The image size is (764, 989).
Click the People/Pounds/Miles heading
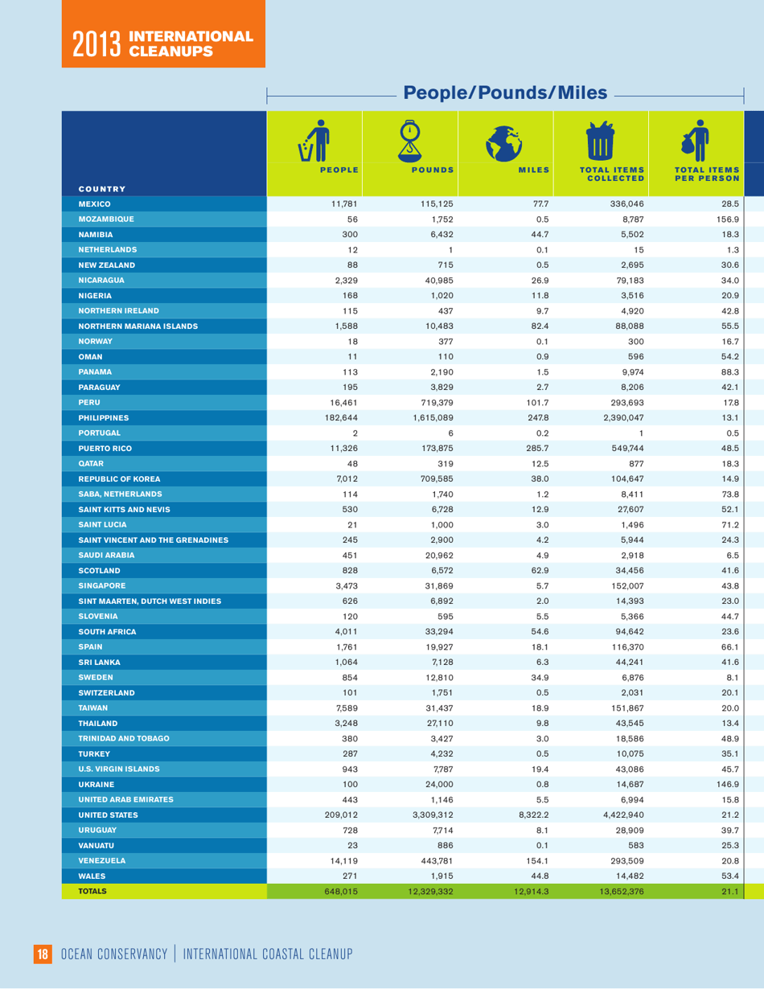(x=505, y=92)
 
